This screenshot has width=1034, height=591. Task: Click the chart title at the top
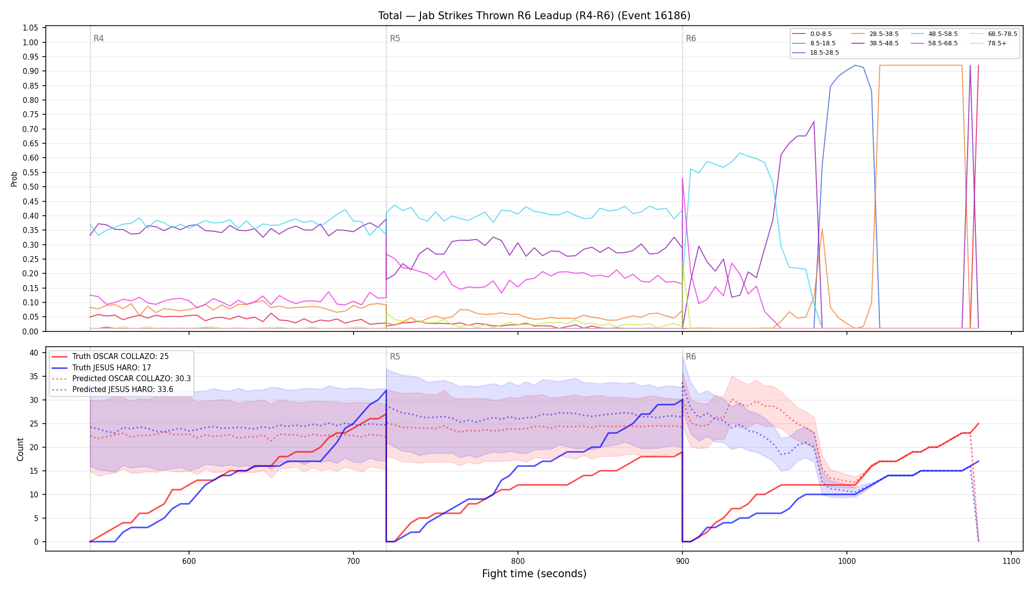(x=534, y=16)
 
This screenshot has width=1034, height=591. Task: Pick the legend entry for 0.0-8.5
(x=812, y=34)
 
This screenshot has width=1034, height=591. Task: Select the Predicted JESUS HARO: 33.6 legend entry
(x=113, y=390)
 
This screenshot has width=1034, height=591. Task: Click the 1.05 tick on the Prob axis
(x=31, y=28)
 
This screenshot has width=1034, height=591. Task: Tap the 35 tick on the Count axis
(x=33, y=377)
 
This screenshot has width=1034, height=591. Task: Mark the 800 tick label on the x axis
(x=517, y=561)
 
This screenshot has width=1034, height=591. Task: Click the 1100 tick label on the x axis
(x=1011, y=561)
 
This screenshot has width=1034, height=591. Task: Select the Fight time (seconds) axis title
(x=534, y=574)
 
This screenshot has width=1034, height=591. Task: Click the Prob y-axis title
(x=14, y=179)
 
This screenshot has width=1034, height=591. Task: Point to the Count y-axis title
(x=20, y=449)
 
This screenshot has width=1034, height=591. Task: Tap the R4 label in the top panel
(x=98, y=38)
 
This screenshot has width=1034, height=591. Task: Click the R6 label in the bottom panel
(x=691, y=357)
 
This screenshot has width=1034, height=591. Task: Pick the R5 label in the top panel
(x=395, y=38)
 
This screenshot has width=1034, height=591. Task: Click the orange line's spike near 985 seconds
(x=822, y=229)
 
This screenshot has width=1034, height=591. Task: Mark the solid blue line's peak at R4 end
(x=386, y=391)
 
